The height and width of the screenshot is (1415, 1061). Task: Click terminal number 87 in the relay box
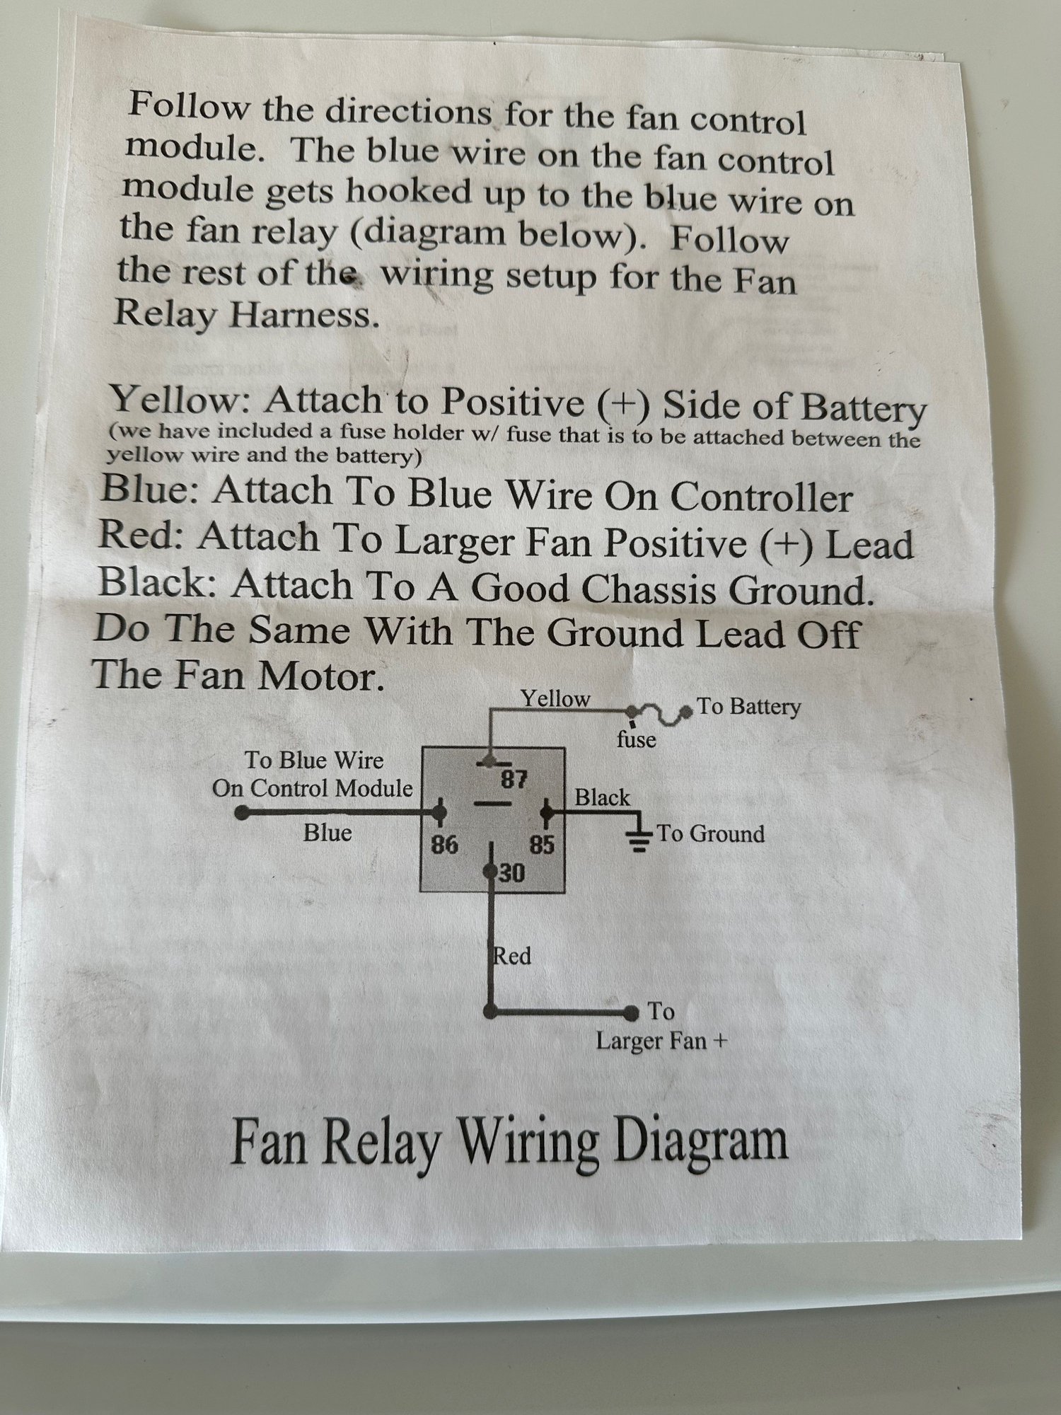pos(514,780)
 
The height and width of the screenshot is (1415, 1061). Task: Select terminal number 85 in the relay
pos(543,845)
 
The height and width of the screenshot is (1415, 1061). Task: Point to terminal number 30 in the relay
pos(513,874)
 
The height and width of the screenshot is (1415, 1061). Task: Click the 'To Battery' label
pos(749,707)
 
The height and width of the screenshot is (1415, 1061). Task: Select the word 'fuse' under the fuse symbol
pos(636,740)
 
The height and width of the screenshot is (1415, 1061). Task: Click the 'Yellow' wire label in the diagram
pos(555,699)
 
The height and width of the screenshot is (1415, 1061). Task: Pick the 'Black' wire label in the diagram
pos(602,798)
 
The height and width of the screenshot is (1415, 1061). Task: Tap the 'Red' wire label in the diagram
pos(512,957)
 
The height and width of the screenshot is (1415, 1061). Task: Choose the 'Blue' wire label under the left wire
pos(327,833)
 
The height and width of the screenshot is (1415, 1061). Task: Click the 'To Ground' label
pos(711,833)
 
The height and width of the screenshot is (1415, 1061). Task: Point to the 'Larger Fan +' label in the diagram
pos(661,1041)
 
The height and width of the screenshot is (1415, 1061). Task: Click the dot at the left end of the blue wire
pos(242,812)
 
